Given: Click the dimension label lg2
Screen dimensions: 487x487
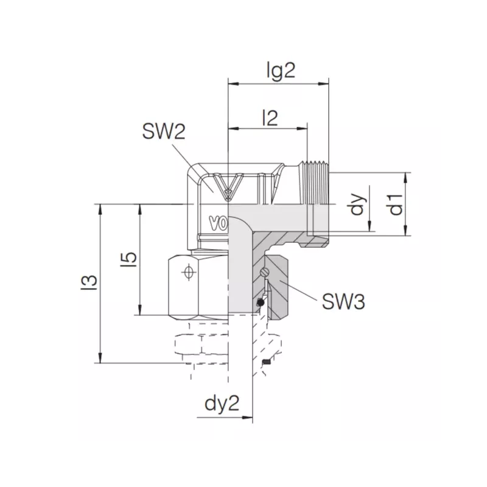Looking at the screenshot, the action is click(x=281, y=71).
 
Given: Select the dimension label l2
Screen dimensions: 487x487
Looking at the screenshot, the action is click(x=270, y=118).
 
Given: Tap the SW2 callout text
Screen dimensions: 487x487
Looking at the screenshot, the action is click(x=164, y=131).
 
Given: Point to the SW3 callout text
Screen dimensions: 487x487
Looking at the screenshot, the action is click(x=343, y=301).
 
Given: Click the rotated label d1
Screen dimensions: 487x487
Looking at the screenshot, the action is click(x=396, y=205).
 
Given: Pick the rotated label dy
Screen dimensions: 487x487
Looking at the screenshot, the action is click(x=357, y=204).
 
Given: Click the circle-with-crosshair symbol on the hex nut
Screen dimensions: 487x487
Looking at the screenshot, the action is click(x=188, y=273).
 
